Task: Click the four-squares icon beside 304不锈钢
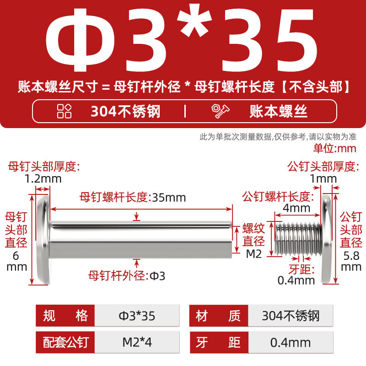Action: click(x=64, y=111)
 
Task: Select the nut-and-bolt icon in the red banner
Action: click(x=221, y=111)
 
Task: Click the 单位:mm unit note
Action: click(x=335, y=148)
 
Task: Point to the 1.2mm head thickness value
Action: click(x=43, y=179)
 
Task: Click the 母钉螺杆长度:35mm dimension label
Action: click(x=133, y=198)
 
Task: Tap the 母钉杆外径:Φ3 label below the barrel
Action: click(x=127, y=276)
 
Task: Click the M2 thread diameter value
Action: click(x=254, y=254)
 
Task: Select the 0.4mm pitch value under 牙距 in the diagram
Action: click(x=296, y=280)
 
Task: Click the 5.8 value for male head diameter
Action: click(x=351, y=256)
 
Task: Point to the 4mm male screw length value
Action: click(x=296, y=208)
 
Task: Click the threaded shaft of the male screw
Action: click(x=298, y=238)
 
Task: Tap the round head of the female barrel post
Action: click(x=43, y=240)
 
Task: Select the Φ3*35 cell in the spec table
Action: click(x=137, y=316)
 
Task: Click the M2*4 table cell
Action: click(x=137, y=342)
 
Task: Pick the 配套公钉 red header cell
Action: click(x=65, y=342)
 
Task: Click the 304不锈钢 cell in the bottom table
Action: click(x=291, y=316)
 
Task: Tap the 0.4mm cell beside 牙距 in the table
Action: click(x=291, y=342)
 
